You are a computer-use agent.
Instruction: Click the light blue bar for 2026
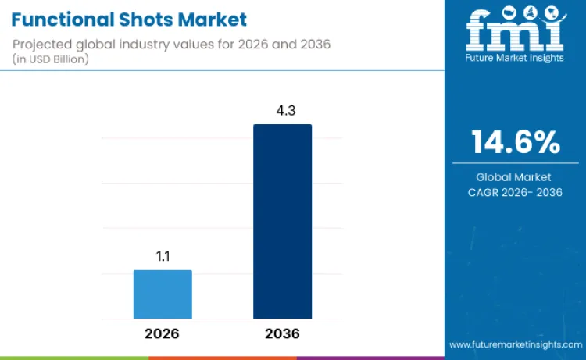tap(163, 294)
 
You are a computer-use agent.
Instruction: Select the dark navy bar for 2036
tap(282, 221)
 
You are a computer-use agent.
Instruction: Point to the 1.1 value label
tap(163, 255)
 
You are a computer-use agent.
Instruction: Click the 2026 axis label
tap(163, 333)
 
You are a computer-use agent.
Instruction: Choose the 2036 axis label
tap(282, 333)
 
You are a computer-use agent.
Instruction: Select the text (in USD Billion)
tap(52, 59)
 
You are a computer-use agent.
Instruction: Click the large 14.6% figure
tap(515, 142)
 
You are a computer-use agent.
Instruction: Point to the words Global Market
tap(515, 177)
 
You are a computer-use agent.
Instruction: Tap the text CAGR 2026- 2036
tap(515, 192)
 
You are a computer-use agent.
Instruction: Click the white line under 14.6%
tap(515, 162)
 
